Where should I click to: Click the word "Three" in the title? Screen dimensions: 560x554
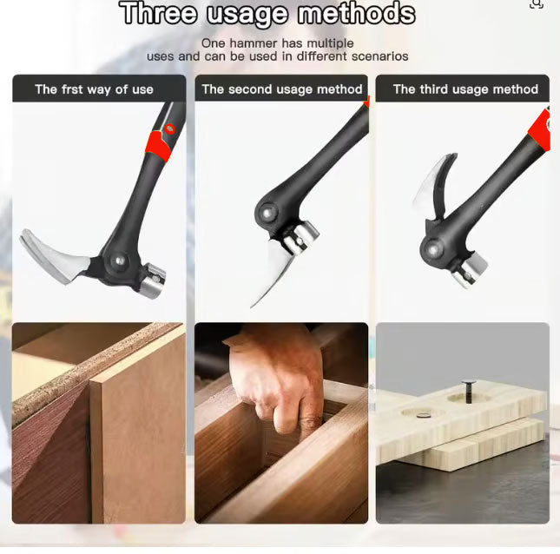coord(159,13)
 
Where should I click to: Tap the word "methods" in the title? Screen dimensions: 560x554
coord(357,13)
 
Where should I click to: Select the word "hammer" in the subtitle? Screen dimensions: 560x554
coord(254,43)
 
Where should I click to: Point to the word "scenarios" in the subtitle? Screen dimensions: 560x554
coord(379,56)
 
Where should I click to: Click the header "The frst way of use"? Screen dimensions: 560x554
coord(95,89)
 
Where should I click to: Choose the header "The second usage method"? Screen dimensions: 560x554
coord(282,89)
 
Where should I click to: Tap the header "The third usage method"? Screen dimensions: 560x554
coord(465,89)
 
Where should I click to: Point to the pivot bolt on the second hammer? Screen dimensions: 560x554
coord(267,214)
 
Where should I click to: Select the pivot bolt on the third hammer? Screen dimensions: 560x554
coord(433,249)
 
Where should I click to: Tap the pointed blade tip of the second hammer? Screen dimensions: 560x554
coord(252,307)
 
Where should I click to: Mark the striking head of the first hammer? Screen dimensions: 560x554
coord(153,281)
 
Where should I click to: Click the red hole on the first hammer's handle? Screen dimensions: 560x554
coord(170,129)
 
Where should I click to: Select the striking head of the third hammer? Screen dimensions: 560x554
coord(470,269)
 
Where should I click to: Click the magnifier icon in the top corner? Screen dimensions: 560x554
coord(537,4)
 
